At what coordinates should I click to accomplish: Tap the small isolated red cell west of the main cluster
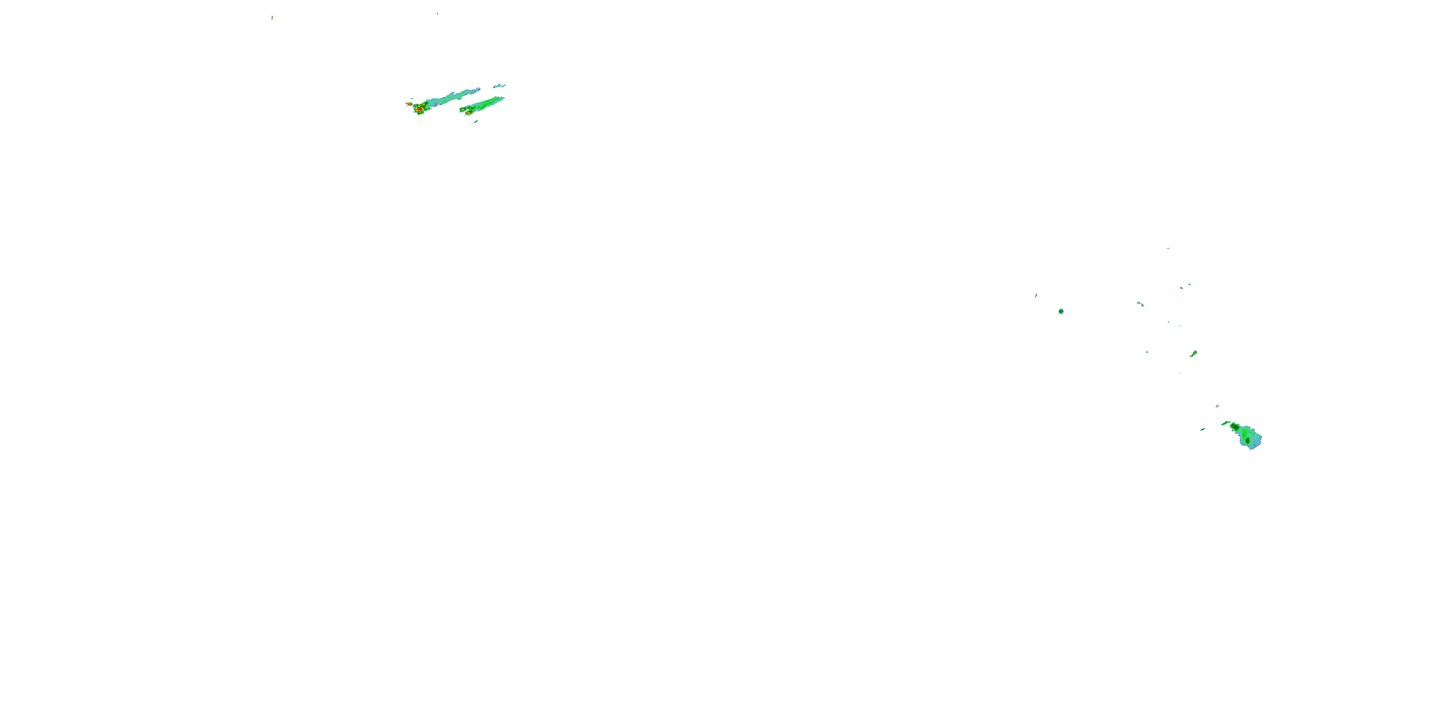coord(409,104)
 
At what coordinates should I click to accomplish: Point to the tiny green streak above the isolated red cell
coord(412,99)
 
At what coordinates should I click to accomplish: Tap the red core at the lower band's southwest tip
coord(467,113)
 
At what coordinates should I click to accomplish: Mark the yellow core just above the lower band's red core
coord(463,109)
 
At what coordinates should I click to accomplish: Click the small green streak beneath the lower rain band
coord(476,121)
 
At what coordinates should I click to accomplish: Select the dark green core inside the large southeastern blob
coord(1248,441)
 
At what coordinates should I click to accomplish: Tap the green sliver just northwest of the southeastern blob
coord(1226,423)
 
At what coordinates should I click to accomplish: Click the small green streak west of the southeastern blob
coord(1202,429)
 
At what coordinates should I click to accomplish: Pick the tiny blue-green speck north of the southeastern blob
coord(1217,406)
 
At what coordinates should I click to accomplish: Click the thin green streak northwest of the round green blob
coord(1036,295)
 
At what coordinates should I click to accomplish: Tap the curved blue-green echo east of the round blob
coord(1140,304)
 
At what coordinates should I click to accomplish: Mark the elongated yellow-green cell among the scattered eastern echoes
coord(1193,354)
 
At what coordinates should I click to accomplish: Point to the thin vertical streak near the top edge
coord(272,18)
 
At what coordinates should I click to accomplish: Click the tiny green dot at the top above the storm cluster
coord(437,13)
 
